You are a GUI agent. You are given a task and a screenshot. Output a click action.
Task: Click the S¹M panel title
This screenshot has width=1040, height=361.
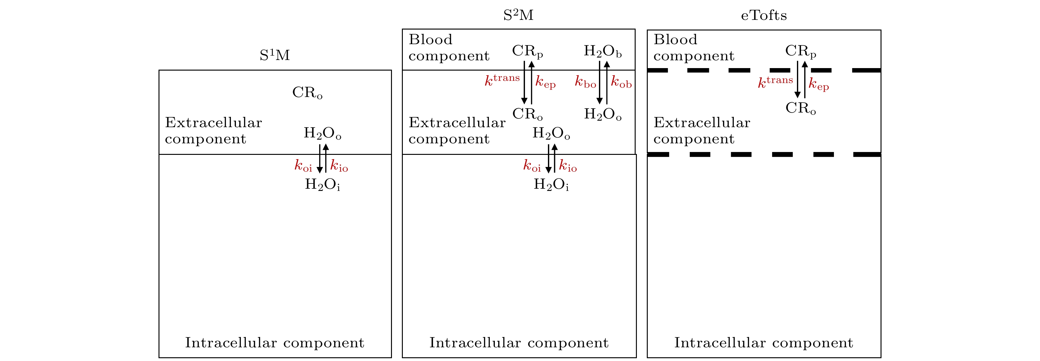[274, 55]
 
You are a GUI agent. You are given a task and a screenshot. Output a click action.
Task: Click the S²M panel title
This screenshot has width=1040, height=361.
[518, 15]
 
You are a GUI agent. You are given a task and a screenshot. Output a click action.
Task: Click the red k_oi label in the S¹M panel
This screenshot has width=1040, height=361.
[303, 165]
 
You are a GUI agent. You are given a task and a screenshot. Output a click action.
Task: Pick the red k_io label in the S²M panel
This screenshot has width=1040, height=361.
[568, 165]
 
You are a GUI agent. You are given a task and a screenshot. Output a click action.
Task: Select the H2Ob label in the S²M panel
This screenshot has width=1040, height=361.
[602, 51]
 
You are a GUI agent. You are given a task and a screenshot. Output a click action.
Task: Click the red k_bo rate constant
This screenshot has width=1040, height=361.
[585, 82]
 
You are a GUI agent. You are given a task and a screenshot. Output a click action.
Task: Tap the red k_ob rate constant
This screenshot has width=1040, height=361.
[621, 82]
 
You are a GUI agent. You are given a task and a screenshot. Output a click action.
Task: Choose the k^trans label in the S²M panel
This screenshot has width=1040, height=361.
[502, 80]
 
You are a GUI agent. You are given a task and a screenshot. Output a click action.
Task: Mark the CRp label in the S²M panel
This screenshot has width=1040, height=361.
[527, 51]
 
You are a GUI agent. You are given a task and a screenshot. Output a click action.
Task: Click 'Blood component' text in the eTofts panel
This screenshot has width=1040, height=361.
[694, 48]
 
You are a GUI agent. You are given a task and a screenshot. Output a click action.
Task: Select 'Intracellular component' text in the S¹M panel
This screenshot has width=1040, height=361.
[274, 343]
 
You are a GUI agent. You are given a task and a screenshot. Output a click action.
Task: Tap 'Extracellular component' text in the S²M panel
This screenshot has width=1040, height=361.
[457, 130]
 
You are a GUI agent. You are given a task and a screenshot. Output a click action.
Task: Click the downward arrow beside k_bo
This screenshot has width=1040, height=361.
[600, 83]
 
